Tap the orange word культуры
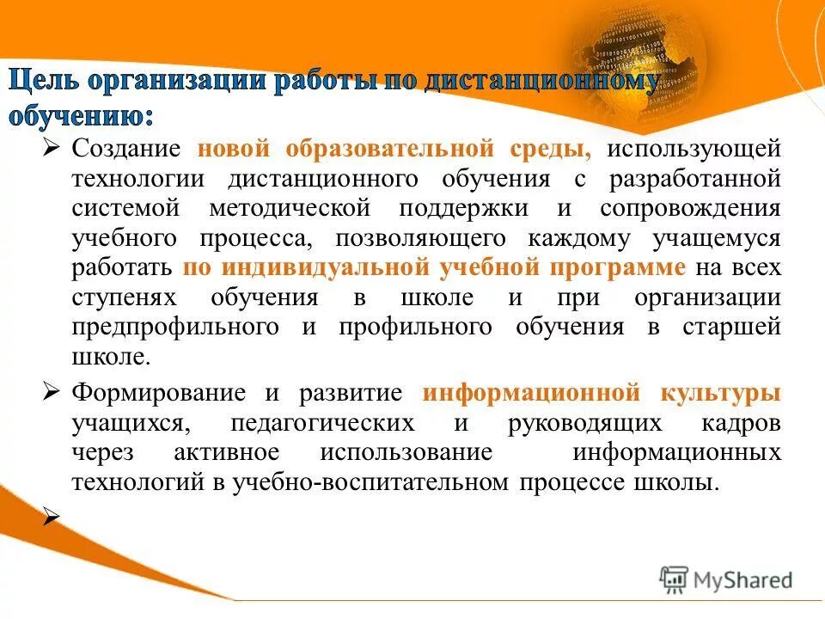(x=720, y=393)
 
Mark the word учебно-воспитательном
(x=372, y=482)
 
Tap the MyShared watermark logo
(x=726, y=579)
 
